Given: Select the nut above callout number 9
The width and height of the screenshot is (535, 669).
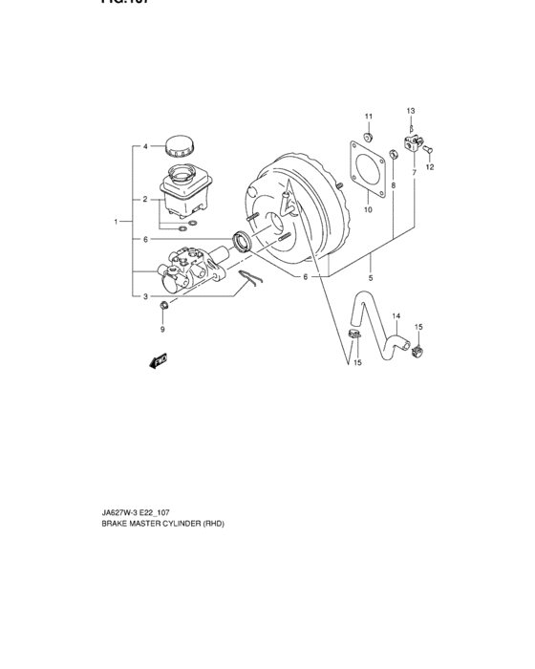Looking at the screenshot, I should pos(163,305).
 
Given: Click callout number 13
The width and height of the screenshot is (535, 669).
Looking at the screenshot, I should pos(411,111).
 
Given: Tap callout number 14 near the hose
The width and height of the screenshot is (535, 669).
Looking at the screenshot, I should pos(396,316).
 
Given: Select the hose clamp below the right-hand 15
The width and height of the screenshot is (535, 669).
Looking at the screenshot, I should pos(417,356).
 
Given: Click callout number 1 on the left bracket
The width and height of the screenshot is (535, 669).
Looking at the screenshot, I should pos(116,222).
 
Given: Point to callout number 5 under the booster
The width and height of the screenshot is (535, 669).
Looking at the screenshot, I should pos(371,278).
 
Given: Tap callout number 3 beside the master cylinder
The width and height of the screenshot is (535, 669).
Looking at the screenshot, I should pos(145,296).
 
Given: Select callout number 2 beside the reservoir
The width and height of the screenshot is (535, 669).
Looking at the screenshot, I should pos(145,200).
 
